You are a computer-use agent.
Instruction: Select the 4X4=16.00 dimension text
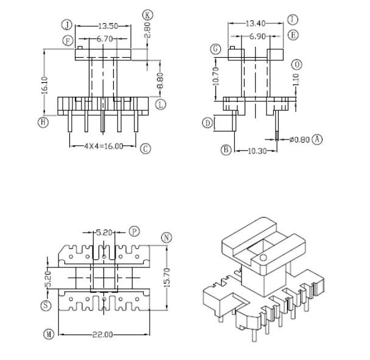[x=102, y=146]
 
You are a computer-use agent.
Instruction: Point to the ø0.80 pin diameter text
[x=300, y=139]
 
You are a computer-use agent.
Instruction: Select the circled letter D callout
[x=208, y=123]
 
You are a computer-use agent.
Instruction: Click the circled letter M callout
[x=48, y=334]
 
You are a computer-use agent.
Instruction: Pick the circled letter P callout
[x=134, y=232]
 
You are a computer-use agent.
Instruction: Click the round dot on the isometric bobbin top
[x=262, y=258]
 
